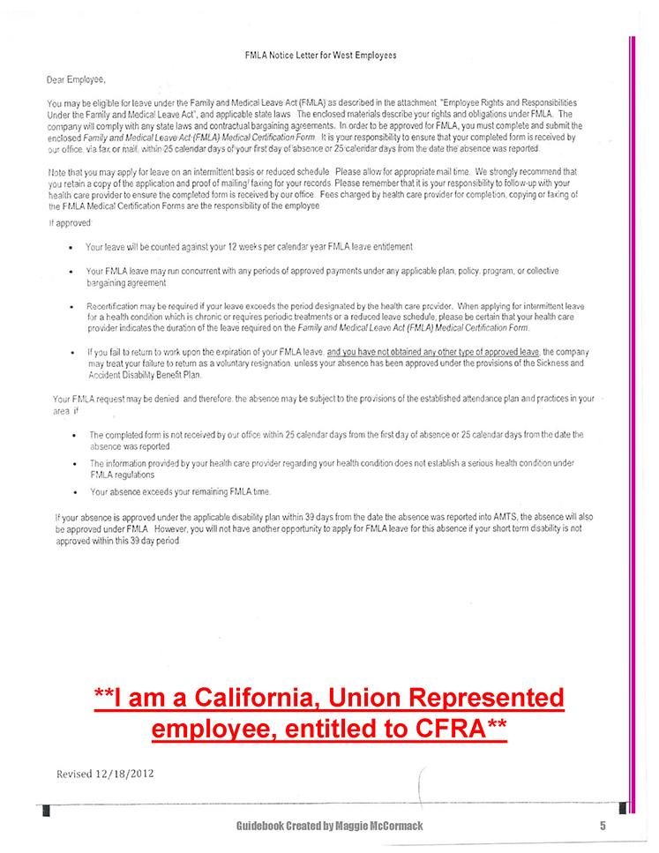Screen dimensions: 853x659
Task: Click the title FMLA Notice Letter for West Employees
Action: (x=320, y=56)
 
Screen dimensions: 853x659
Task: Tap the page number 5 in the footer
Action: (x=603, y=827)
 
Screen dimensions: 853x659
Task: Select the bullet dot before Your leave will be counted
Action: (x=70, y=246)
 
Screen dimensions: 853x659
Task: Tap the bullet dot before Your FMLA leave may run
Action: (x=70, y=270)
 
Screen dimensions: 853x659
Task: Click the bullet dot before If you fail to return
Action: (x=70, y=352)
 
